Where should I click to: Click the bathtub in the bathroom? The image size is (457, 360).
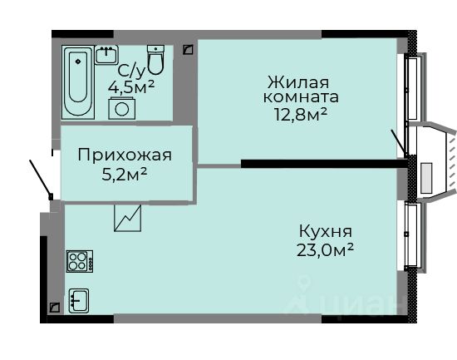tap(78, 82)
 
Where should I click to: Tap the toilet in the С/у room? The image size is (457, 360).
tap(155, 60)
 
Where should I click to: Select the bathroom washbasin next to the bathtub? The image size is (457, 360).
tap(106, 55)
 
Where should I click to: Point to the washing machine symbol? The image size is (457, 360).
tap(122, 109)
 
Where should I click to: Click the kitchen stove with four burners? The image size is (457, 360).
tap(80, 261)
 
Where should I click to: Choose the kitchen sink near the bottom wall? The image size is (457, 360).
tap(79, 301)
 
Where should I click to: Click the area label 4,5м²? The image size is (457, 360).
tap(130, 86)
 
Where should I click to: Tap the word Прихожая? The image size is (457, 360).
tap(125, 155)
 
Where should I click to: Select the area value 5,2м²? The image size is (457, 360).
tap(124, 175)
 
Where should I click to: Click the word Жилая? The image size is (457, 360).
tap(298, 82)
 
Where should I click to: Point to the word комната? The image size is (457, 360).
tap(301, 97)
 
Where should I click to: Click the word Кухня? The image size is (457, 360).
tap(326, 231)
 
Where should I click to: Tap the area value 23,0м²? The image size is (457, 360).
tap(325, 250)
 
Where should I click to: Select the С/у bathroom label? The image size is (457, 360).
tap(131, 71)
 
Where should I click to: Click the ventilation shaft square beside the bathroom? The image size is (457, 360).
tap(189, 50)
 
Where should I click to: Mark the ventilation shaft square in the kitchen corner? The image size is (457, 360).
tap(55, 308)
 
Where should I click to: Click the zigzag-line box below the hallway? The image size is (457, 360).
tap(128, 218)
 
